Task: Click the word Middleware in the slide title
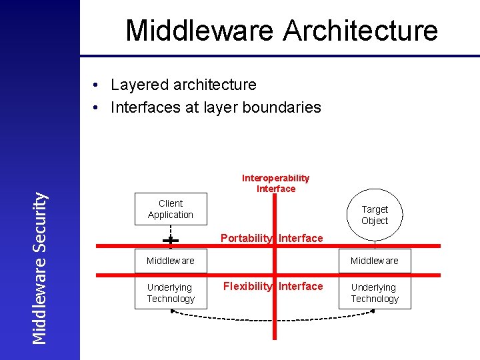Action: coord(199,31)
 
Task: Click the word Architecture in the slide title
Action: coord(360,31)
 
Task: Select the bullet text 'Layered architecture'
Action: coord(183,85)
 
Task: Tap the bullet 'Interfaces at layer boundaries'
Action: coord(215,107)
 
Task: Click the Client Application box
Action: coord(171,209)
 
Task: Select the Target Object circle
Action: coord(374,215)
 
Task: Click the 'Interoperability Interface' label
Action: coord(275,183)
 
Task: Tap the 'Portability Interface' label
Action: coord(271,238)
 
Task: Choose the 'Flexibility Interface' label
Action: coord(273,286)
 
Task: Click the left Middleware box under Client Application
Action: coord(171,261)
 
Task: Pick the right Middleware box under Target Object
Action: coord(374,261)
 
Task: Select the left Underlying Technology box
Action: coord(171,293)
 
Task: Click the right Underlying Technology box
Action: coord(374,293)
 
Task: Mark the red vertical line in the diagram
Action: coord(273,320)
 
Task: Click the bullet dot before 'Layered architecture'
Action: coord(97,85)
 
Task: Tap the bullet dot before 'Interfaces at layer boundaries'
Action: coord(97,108)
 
